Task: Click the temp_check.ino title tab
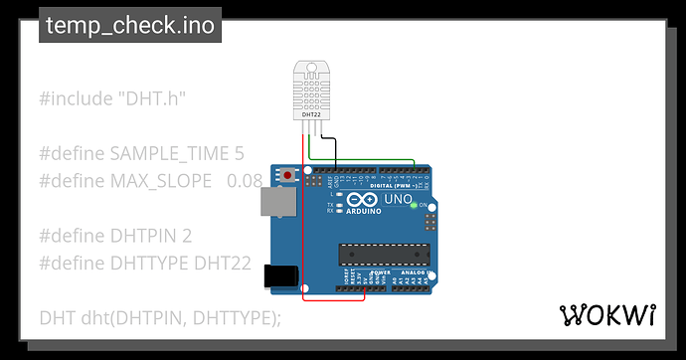[x=130, y=26]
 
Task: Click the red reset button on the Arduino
[x=289, y=175]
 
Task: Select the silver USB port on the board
[x=276, y=202]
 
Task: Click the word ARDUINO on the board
[x=364, y=211]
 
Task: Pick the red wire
[x=302, y=229]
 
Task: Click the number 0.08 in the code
[x=245, y=181]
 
